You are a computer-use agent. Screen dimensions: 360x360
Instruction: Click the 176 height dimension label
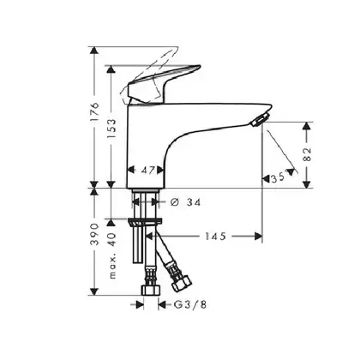point(94,111)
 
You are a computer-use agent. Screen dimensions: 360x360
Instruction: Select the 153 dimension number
point(111,129)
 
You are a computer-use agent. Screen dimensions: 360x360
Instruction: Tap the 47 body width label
point(148,171)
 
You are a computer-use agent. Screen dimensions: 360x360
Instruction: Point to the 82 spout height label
point(307,154)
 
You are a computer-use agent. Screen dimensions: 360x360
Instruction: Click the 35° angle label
point(278,178)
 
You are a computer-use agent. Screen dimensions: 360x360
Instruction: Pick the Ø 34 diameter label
point(185,202)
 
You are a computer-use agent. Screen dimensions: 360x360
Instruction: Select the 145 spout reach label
point(215,237)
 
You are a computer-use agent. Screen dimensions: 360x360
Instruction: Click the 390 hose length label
point(94,234)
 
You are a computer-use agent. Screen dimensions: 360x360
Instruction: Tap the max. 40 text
point(112,255)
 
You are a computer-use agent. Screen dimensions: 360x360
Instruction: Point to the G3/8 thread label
point(190,305)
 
